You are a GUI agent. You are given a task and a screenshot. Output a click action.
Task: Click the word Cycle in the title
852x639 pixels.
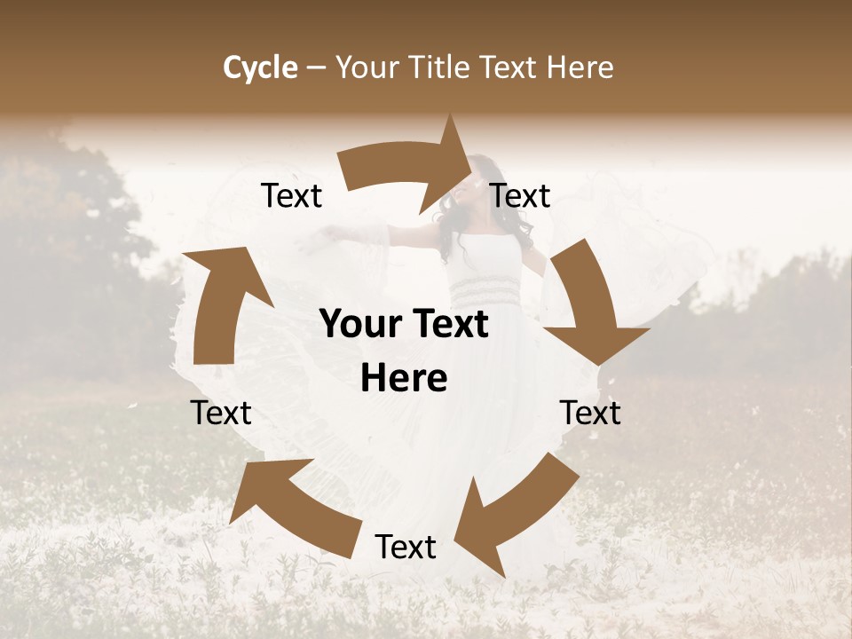click(260, 67)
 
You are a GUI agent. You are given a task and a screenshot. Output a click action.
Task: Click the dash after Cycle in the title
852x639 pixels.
click(315, 68)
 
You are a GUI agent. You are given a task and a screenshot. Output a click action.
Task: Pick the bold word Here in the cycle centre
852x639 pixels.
click(404, 379)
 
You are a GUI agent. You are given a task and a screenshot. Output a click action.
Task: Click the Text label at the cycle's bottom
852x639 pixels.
click(406, 548)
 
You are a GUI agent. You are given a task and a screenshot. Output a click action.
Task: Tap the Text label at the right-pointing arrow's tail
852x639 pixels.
click(291, 196)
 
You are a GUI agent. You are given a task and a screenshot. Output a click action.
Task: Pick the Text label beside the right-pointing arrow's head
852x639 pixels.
click(520, 196)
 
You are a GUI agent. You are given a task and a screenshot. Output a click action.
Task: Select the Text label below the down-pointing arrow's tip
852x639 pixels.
click(590, 413)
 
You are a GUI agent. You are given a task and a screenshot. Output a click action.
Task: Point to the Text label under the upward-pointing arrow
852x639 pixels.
click(221, 413)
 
